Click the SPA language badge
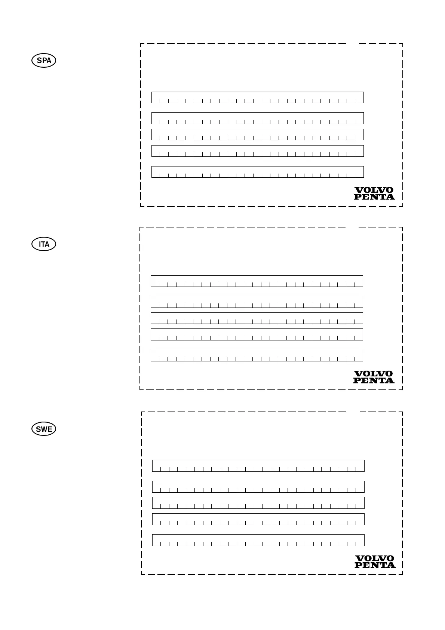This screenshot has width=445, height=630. click(44, 61)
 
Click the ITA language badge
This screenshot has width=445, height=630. click(44, 244)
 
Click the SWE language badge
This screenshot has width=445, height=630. click(44, 429)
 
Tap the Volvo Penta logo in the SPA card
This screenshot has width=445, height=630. click(374, 193)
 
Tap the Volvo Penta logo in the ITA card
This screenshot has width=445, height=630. click(374, 377)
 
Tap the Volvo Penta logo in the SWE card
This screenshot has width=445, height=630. click(375, 562)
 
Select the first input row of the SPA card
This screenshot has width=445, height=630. click(257, 97)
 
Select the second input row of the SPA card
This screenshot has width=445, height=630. click(257, 118)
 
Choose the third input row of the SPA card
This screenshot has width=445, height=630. click(257, 134)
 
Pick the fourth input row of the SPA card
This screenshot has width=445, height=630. click(257, 151)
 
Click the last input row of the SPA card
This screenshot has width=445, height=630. click(257, 172)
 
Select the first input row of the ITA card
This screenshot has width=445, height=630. click(257, 281)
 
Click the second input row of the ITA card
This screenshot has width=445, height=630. click(257, 302)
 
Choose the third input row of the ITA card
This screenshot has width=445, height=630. click(257, 318)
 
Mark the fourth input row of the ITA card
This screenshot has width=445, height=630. click(257, 334)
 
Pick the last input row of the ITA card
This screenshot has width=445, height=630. click(257, 355)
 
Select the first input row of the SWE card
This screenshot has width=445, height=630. click(258, 466)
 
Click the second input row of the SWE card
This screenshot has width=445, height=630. click(258, 487)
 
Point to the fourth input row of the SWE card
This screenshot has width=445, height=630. click(258, 519)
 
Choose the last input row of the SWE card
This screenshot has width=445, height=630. click(258, 540)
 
